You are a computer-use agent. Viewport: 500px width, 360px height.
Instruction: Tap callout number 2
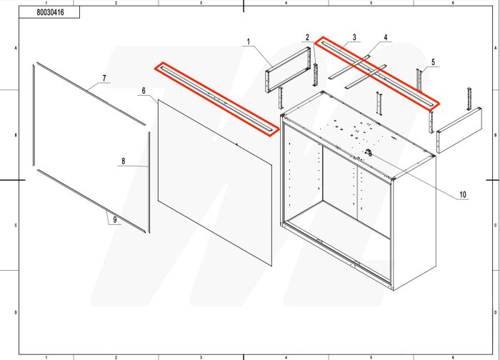pyautogui.click(x=307, y=37)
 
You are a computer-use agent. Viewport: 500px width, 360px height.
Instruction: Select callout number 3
pyautogui.click(x=354, y=36)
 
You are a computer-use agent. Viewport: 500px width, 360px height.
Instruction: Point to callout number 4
pyautogui.click(x=386, y=36)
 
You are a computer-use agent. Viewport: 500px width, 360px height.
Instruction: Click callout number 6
pyautogui.click(x=144, y=91)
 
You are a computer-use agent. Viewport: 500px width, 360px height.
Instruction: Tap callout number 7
pyautogui.click(x=104, y=77)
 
